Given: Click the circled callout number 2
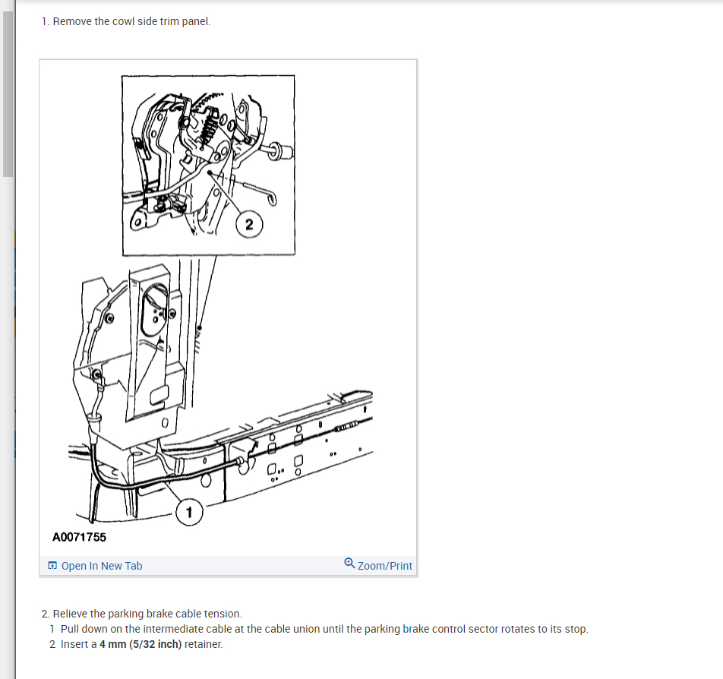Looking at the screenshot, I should [248, 223].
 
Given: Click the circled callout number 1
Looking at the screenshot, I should [189, 512].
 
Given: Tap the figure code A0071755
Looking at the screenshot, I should [79, 537].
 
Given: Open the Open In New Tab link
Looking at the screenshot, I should [101, 566].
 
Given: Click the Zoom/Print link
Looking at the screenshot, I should [384, 566].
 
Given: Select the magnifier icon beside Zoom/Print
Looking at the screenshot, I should [349, 564].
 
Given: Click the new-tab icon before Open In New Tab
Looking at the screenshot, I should [52, 566].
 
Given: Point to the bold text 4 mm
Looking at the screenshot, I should [112, 644].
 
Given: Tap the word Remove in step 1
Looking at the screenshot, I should [72, 21].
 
